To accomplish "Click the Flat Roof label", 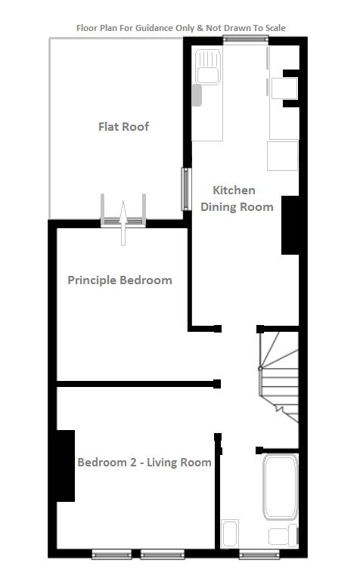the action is [123, 126].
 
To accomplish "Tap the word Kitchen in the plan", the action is [234, 190].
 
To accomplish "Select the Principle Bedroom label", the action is [120, 280].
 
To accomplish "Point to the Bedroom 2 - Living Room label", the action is [144, 463].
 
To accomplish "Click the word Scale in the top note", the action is [275, 28].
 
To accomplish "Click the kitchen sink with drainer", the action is [208, 67].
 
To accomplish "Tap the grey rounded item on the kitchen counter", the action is [197, 95].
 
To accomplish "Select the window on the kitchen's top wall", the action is [245, 39].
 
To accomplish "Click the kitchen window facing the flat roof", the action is [186, 189].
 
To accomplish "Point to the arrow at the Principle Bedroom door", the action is [123, 223].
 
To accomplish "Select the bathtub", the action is [281, 487].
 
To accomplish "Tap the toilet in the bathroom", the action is [283, 536].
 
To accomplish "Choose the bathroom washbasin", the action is [230, 534].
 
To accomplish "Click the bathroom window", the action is [259, 556].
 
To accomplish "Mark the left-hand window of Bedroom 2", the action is [112, 556].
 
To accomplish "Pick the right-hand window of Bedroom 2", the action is [163, 556].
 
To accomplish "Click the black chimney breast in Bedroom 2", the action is [66, 466].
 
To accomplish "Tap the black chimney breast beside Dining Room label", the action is [290, 225].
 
